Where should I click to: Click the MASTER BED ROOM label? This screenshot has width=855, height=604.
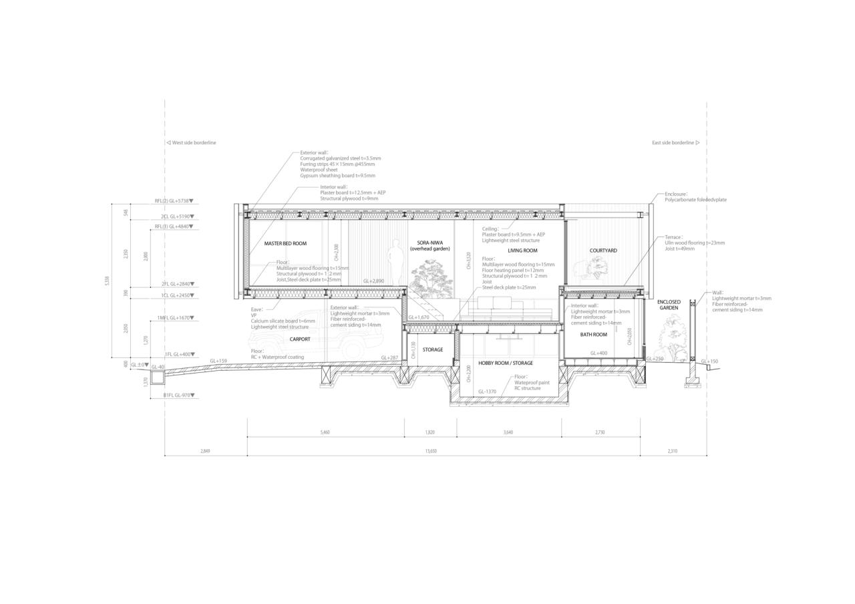[x=285, y=244]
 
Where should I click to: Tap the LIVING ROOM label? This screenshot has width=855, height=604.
[x=522, y=251]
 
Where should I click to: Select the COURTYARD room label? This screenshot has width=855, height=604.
[x=603, y=251]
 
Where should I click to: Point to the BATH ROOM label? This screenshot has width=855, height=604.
[x=593, y=335]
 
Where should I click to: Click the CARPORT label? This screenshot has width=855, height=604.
[x=300, y=339]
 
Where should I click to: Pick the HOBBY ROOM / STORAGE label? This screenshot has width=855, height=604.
[x=506, y=363]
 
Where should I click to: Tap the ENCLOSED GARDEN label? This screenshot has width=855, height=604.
[x=669, y=305]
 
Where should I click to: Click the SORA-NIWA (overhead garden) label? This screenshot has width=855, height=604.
[x=430, y=246]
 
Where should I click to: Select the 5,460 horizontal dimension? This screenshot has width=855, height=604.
[x=325, y=432]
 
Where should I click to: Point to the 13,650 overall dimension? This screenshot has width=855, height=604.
[x=431, y=451]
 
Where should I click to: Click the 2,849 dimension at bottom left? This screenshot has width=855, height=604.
[x=205, y=451]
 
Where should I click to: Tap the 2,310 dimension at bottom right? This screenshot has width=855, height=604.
[x=673, y=451]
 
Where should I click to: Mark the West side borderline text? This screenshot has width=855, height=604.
[x=192, y=142]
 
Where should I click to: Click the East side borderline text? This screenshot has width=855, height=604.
[x=675, y=142]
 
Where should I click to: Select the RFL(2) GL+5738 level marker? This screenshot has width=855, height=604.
[x=174, y=200]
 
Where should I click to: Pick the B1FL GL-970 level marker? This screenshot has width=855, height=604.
[x=178, y=396]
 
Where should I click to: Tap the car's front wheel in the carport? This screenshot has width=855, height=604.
[x=350, y=349]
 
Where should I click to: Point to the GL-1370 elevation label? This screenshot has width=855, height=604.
[x=487, y=392]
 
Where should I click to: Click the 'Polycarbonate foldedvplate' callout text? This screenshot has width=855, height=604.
[x=695, y=200]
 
